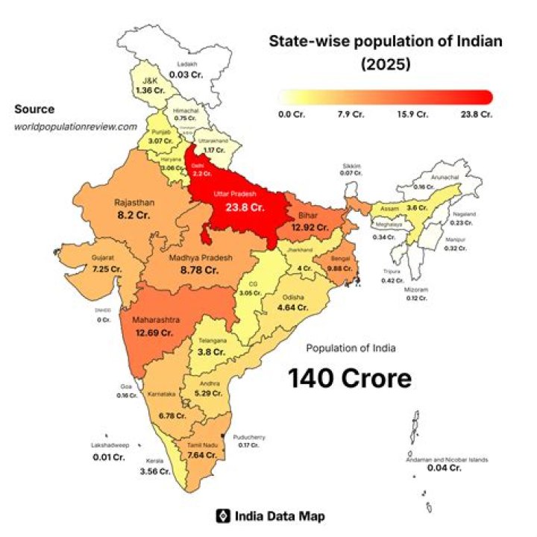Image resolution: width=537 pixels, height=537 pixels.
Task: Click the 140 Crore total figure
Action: [x=350, y=378]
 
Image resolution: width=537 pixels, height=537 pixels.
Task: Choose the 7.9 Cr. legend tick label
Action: [x=351, y=115]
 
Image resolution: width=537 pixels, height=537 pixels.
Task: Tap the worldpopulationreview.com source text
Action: [x=76, y=126]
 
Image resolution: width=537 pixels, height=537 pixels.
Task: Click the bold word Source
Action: [x=34, y=110]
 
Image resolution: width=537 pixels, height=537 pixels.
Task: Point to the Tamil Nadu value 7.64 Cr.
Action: [x=201, y=454]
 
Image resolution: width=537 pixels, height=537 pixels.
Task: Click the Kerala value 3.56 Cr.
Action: [x=155, y=471]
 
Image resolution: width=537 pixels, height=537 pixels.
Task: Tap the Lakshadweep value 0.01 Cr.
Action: [x=108, y=456]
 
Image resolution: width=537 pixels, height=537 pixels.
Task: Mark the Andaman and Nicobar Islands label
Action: [x=447, y=459]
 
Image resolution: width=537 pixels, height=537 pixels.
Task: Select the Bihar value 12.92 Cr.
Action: [x=310, y=226]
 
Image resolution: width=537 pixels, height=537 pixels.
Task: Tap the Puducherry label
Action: [x=249, y=437]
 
